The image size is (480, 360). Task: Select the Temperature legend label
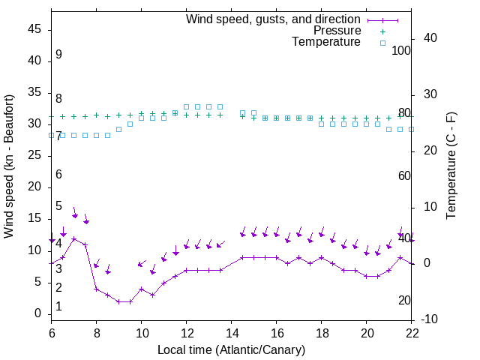tap(326, 42)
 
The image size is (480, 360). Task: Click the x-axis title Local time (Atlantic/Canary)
tap(232, 349)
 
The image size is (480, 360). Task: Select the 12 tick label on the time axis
tap(187, 332)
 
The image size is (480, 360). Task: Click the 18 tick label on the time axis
tap(322, 332)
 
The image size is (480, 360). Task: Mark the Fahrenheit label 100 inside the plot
tap(402, 50)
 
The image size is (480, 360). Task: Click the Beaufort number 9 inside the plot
tap(58, 55)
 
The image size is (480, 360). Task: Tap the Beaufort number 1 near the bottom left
tap(58, 307)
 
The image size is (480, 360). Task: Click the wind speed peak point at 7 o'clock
tap(74, 238)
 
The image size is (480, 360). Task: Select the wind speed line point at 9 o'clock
tap(119, 301)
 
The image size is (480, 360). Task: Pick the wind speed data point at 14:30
tap(242, 257)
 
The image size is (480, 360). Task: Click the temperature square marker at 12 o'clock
tap(187, 106)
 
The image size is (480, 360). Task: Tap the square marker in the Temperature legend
tap(382, 43)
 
